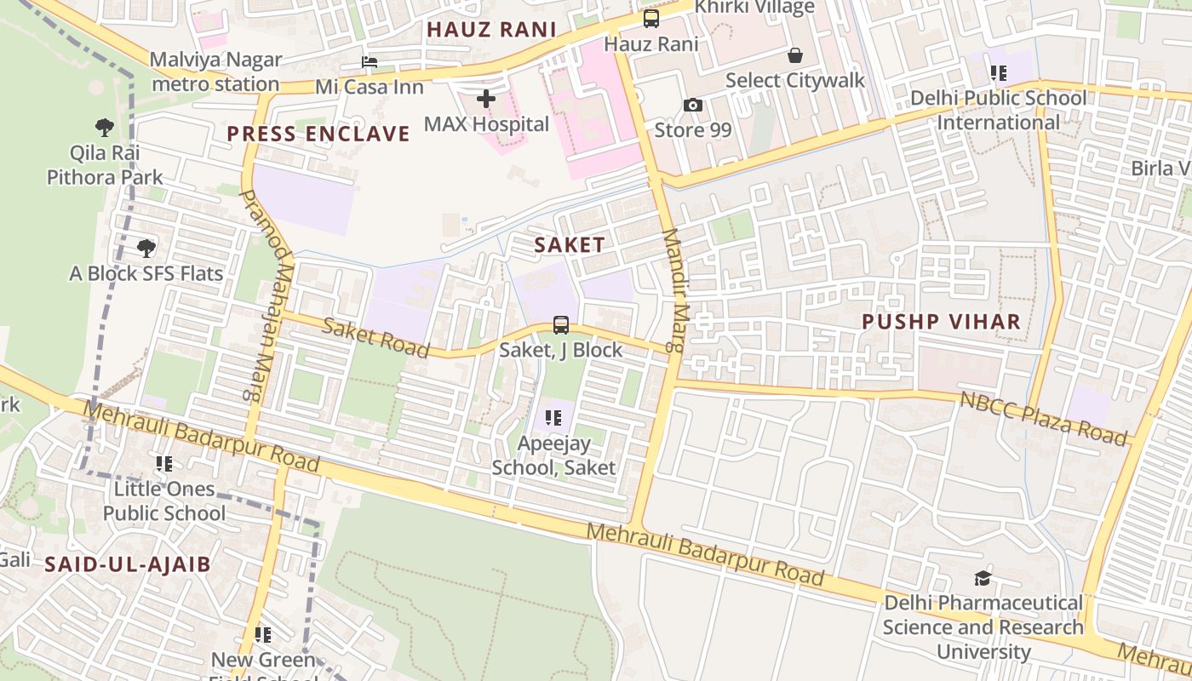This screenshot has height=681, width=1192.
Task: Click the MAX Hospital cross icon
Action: (x=486, y=100)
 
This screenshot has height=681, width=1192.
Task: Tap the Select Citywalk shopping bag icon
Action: (x=794, y=56)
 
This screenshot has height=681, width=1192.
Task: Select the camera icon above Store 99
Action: (x=693, y=106)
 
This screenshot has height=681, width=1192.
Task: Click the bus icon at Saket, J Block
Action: (x=561, y=324)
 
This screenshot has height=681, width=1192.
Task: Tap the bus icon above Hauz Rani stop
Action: (x=651, y=19)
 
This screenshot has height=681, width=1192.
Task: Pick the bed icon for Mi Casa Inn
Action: (x=370, y=62)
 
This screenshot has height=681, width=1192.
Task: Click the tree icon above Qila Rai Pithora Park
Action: (x=105, y=128)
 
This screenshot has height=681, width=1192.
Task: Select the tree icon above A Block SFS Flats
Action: (x=146, y=249)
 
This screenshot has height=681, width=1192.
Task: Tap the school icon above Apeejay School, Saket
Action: (x=553, y=418)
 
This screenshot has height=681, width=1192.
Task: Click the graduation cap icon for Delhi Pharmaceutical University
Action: (x=983, y=579)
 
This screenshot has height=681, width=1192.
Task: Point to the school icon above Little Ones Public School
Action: (x=164, y=464)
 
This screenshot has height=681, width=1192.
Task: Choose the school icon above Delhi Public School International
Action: (x=998, y=73)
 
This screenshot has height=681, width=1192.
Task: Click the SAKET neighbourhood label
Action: (x=570, y=245)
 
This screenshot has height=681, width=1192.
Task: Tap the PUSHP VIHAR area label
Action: (x=941, y=322)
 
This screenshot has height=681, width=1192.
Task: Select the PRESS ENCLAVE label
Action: (x=318, y=134)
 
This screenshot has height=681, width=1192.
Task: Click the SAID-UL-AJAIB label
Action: (x=127, y=564)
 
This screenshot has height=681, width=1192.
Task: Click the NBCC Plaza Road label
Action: (x=1043, y=418)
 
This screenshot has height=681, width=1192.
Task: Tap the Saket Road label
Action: (x=375, y=337)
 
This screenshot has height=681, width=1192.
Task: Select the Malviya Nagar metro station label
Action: (x=215, y=72)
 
